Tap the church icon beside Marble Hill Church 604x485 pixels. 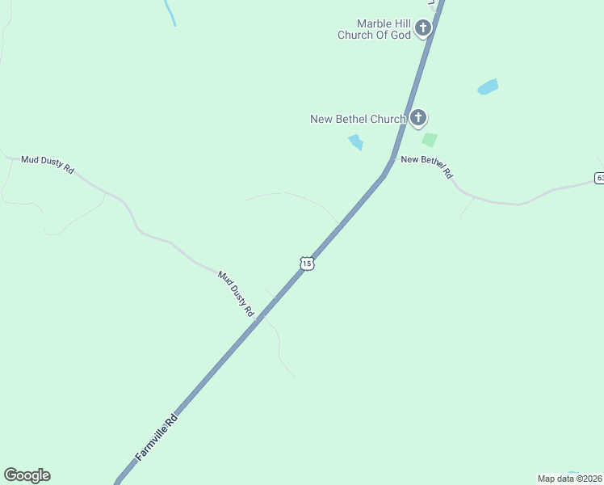click(422, 30)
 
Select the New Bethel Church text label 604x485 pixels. click(358, 120)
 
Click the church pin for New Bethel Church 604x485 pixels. click(417, 119)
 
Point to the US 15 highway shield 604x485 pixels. click(306, 264)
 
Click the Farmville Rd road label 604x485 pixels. click(156, 439)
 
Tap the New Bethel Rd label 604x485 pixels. click(427, 166)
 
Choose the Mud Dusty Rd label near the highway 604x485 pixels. click(236, 293)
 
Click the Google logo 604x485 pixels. click(27, 475)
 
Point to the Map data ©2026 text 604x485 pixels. click(570, 479)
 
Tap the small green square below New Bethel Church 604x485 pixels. click(430, 140)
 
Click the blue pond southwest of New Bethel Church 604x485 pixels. click(355, 143)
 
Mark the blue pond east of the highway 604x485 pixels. click(488, 86)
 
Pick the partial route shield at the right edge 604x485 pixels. click(599, 178)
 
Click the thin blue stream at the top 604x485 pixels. click(170, 13)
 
